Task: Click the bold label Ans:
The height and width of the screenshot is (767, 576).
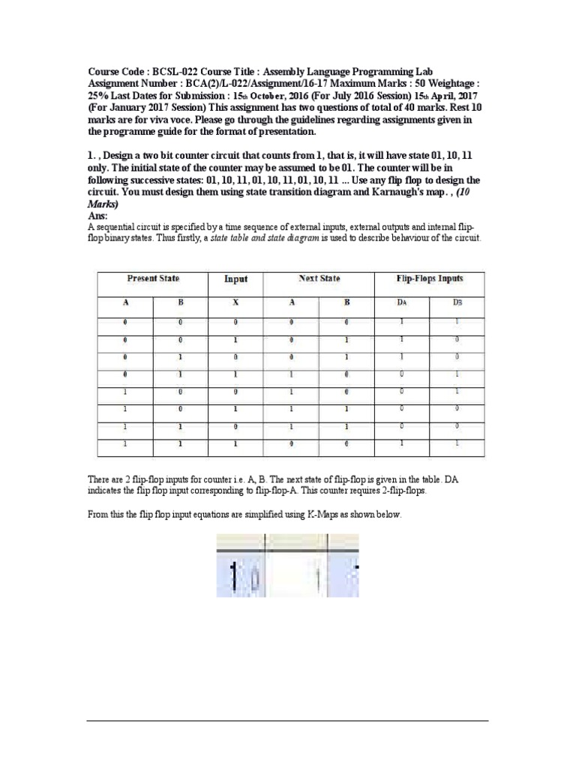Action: pos(98,215)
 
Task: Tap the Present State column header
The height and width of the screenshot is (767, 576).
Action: pos(153,279)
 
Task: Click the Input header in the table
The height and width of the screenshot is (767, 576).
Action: pos(235,279)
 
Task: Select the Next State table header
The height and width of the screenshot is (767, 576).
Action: pos(319,279)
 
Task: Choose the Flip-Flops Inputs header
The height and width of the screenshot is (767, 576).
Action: pos(429,279)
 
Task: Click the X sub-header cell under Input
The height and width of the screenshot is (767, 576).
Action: pos(235,303)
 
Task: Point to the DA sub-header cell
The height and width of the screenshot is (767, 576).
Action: pos(401,303)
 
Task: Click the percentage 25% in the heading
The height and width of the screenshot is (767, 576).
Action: pos(100,96)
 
